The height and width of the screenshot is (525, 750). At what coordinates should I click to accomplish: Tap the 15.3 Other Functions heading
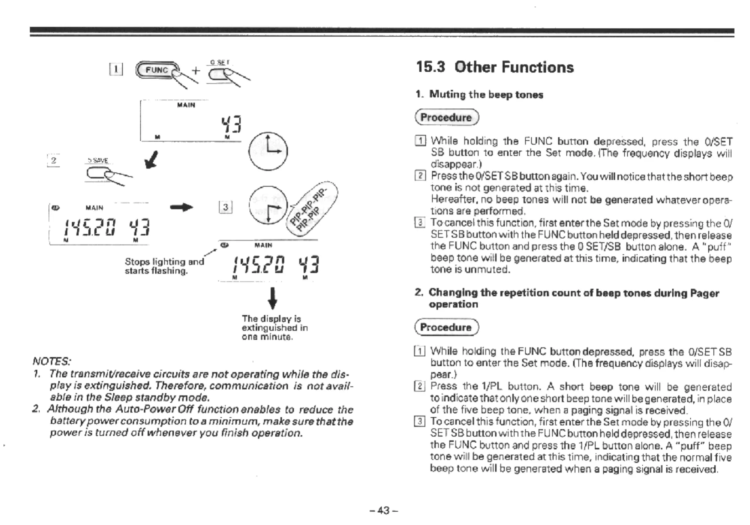coord(495,67)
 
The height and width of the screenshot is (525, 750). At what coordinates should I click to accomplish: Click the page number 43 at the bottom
coord(383,510)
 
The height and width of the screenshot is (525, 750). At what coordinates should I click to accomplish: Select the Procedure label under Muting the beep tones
coord(446,117)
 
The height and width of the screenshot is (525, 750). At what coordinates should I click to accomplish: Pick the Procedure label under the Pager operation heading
coord(446,327)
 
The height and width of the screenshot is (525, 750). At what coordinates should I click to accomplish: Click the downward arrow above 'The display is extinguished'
coord(273,298)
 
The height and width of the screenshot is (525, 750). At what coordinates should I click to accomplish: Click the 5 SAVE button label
coord(98,160)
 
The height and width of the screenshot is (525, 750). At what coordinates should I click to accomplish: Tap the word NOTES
coord(51,361)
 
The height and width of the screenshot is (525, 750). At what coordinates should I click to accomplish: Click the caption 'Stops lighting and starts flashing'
coord(164,266)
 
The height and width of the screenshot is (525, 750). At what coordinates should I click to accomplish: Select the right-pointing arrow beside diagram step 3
coord(181,207)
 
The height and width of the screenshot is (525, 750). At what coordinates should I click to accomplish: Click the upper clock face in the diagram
coord(268,151)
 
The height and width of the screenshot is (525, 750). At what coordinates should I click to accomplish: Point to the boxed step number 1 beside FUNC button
coord(116,69)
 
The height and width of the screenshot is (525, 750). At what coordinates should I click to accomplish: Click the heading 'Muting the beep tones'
coord(486,94)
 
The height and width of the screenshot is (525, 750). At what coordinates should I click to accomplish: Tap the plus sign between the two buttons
coord(196,70)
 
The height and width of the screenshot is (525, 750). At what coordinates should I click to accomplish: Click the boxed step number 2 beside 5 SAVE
coord(54,160)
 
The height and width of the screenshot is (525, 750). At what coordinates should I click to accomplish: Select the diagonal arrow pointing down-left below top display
coord(152,159)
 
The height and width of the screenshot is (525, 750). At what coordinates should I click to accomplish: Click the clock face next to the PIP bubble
coord(268,205)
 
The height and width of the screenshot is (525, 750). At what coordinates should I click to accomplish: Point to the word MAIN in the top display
coord(186,105)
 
